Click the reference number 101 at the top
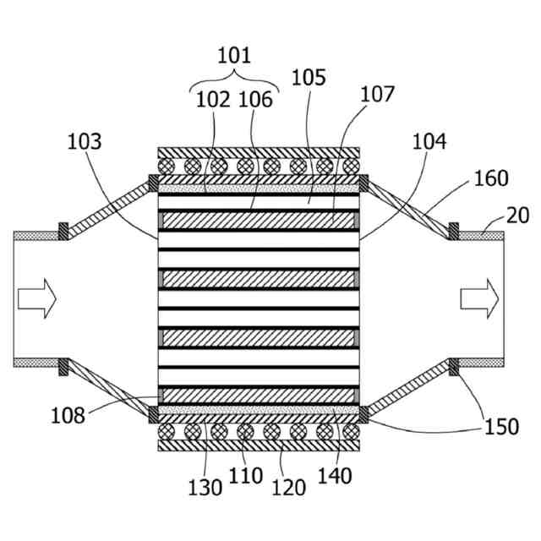pyautogui.click(x=234, y=56)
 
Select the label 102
pyautogui.click(x=212, y=99)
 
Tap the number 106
pyautogui.click(x=255, y=99)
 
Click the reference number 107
pyautogui.click(x=377, y=94)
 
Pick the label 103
pyautogui.click(x=85, y=141)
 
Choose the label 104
pyautogui.click(x=429, y=141)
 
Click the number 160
pyautogui.click(x=491, y=178)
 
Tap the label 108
pyautogui.click(x=68, y=415)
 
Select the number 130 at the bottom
pyautogui.click(x=205, y=486)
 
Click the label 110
pyautogui.click(x=246, y=476)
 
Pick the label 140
pyautogui.click(x=334, y=476)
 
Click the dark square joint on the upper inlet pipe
pyautogui.click(x=62, y=229)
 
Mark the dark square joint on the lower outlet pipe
pyautogui.click(x=453, y=366)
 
